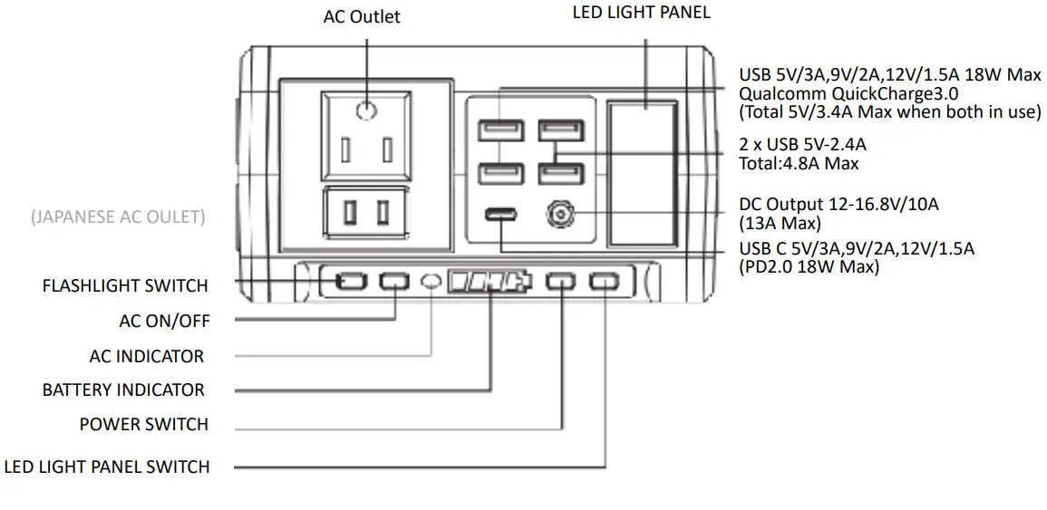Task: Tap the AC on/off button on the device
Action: (x=393, y=282)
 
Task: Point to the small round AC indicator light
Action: (x=432, y=282)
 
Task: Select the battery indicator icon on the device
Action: (x=490, y=282)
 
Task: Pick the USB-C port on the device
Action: (x=500, y=217)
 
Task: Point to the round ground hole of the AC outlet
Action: (x=365, y=111)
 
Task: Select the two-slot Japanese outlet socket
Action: (x=366, y=214)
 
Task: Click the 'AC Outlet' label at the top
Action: (x=362, y=17)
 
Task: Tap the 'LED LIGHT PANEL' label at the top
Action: (x=641, y=13)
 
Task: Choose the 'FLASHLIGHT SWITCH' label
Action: (x=125, y=285)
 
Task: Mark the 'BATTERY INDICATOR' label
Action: (x=123, y=390)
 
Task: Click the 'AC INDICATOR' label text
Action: (x=146, y=356)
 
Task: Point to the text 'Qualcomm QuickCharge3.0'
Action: (x=848, y=93)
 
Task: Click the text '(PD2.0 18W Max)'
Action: (x=809, y=267)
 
